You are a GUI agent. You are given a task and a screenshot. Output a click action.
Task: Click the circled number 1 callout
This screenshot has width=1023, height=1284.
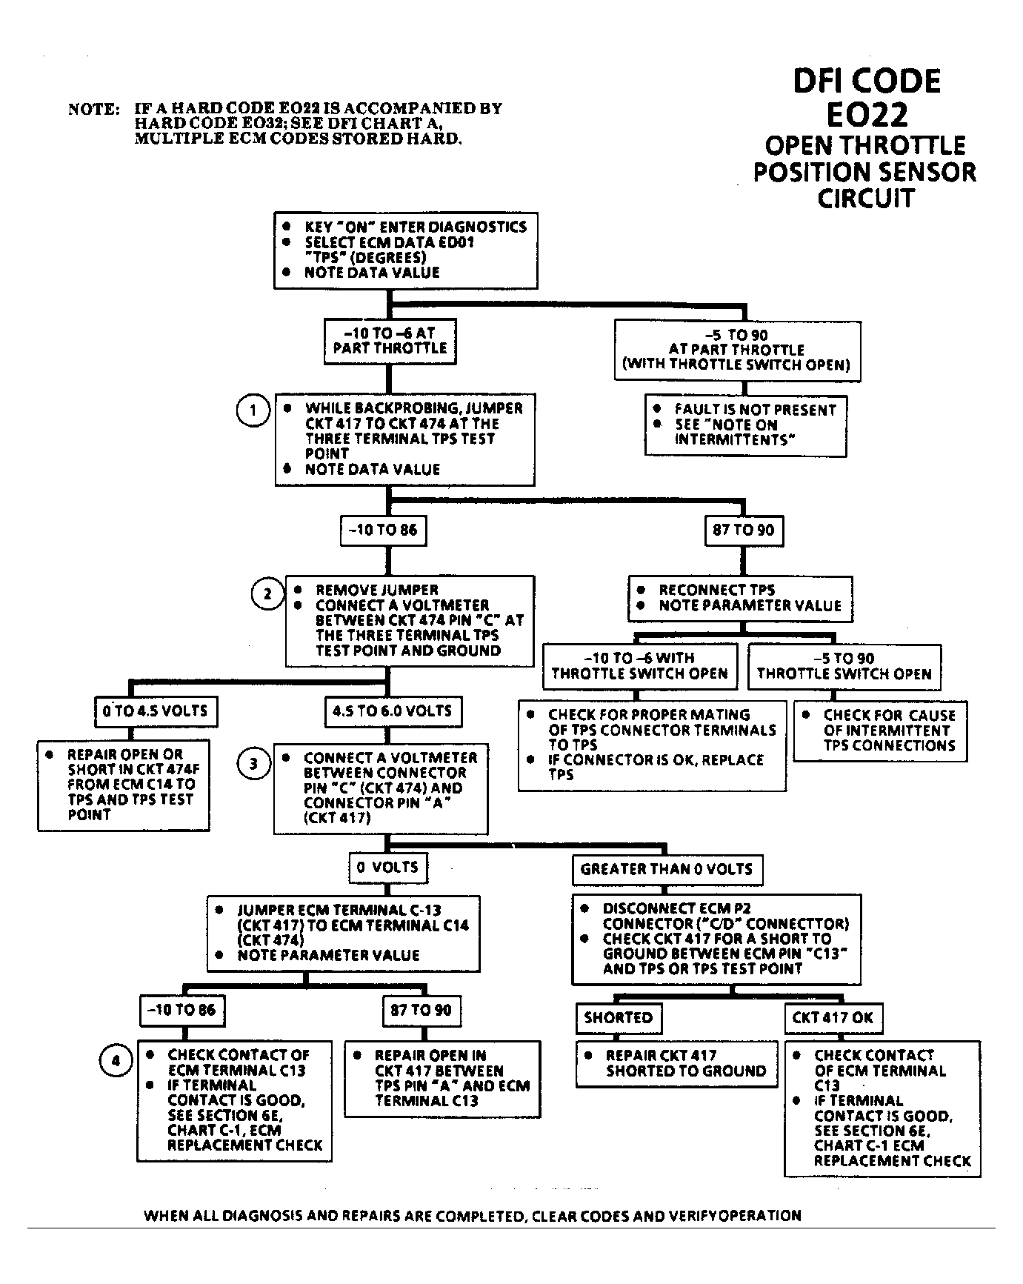point(253,410)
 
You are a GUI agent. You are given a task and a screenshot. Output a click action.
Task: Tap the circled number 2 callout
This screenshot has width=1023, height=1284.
point(267,593)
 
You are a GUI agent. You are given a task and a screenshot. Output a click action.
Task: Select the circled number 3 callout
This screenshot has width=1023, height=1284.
point(253,763)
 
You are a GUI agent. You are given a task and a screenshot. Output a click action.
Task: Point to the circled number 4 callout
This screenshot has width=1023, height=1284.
point(115,1061)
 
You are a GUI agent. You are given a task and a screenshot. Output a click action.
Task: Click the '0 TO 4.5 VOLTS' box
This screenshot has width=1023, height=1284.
point(156,711)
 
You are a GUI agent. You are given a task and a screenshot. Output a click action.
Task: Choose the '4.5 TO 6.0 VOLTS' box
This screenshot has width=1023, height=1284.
point(392,711)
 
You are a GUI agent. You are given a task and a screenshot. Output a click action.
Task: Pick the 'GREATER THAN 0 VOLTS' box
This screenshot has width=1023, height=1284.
point(667,869)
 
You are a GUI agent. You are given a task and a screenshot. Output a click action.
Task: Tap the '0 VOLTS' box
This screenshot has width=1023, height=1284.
point(387,868)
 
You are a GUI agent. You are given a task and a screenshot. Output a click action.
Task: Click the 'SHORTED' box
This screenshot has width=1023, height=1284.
point(618,1018)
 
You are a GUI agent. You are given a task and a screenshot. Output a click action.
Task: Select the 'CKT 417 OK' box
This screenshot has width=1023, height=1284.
point(833,1018)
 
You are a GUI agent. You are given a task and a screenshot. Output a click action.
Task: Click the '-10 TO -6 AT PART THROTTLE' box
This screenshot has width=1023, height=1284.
point(390,341)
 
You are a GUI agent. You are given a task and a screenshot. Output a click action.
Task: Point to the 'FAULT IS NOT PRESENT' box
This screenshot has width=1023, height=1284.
point(745,425)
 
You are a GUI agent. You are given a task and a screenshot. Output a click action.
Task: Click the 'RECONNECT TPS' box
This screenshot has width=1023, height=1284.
point(740,598)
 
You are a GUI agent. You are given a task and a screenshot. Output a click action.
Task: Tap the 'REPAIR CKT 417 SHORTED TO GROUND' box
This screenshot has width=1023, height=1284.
point(677,1064)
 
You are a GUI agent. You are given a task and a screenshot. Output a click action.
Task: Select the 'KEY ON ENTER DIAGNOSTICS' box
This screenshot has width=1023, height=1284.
point(405,250)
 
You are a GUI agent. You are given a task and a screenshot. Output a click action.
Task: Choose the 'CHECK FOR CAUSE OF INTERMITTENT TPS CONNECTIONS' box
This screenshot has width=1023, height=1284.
point(879,731)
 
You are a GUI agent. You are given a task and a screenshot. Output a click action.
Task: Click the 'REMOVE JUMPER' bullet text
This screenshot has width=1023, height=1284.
point(376,591)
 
